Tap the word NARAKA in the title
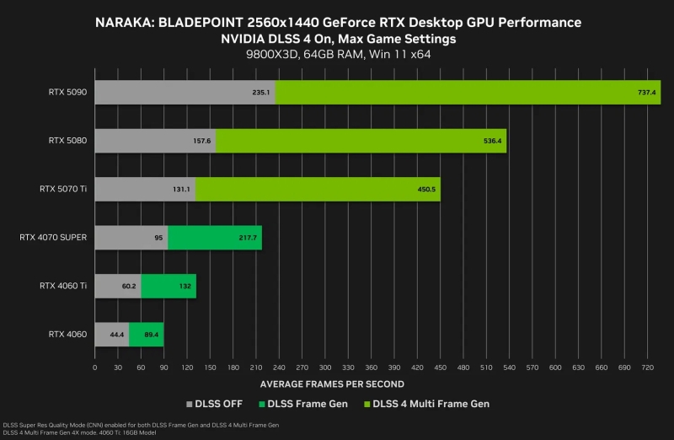pos(124,21)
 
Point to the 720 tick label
pos(645,368)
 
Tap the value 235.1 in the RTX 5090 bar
pos(260,93)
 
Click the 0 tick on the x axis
pos(95,368)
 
